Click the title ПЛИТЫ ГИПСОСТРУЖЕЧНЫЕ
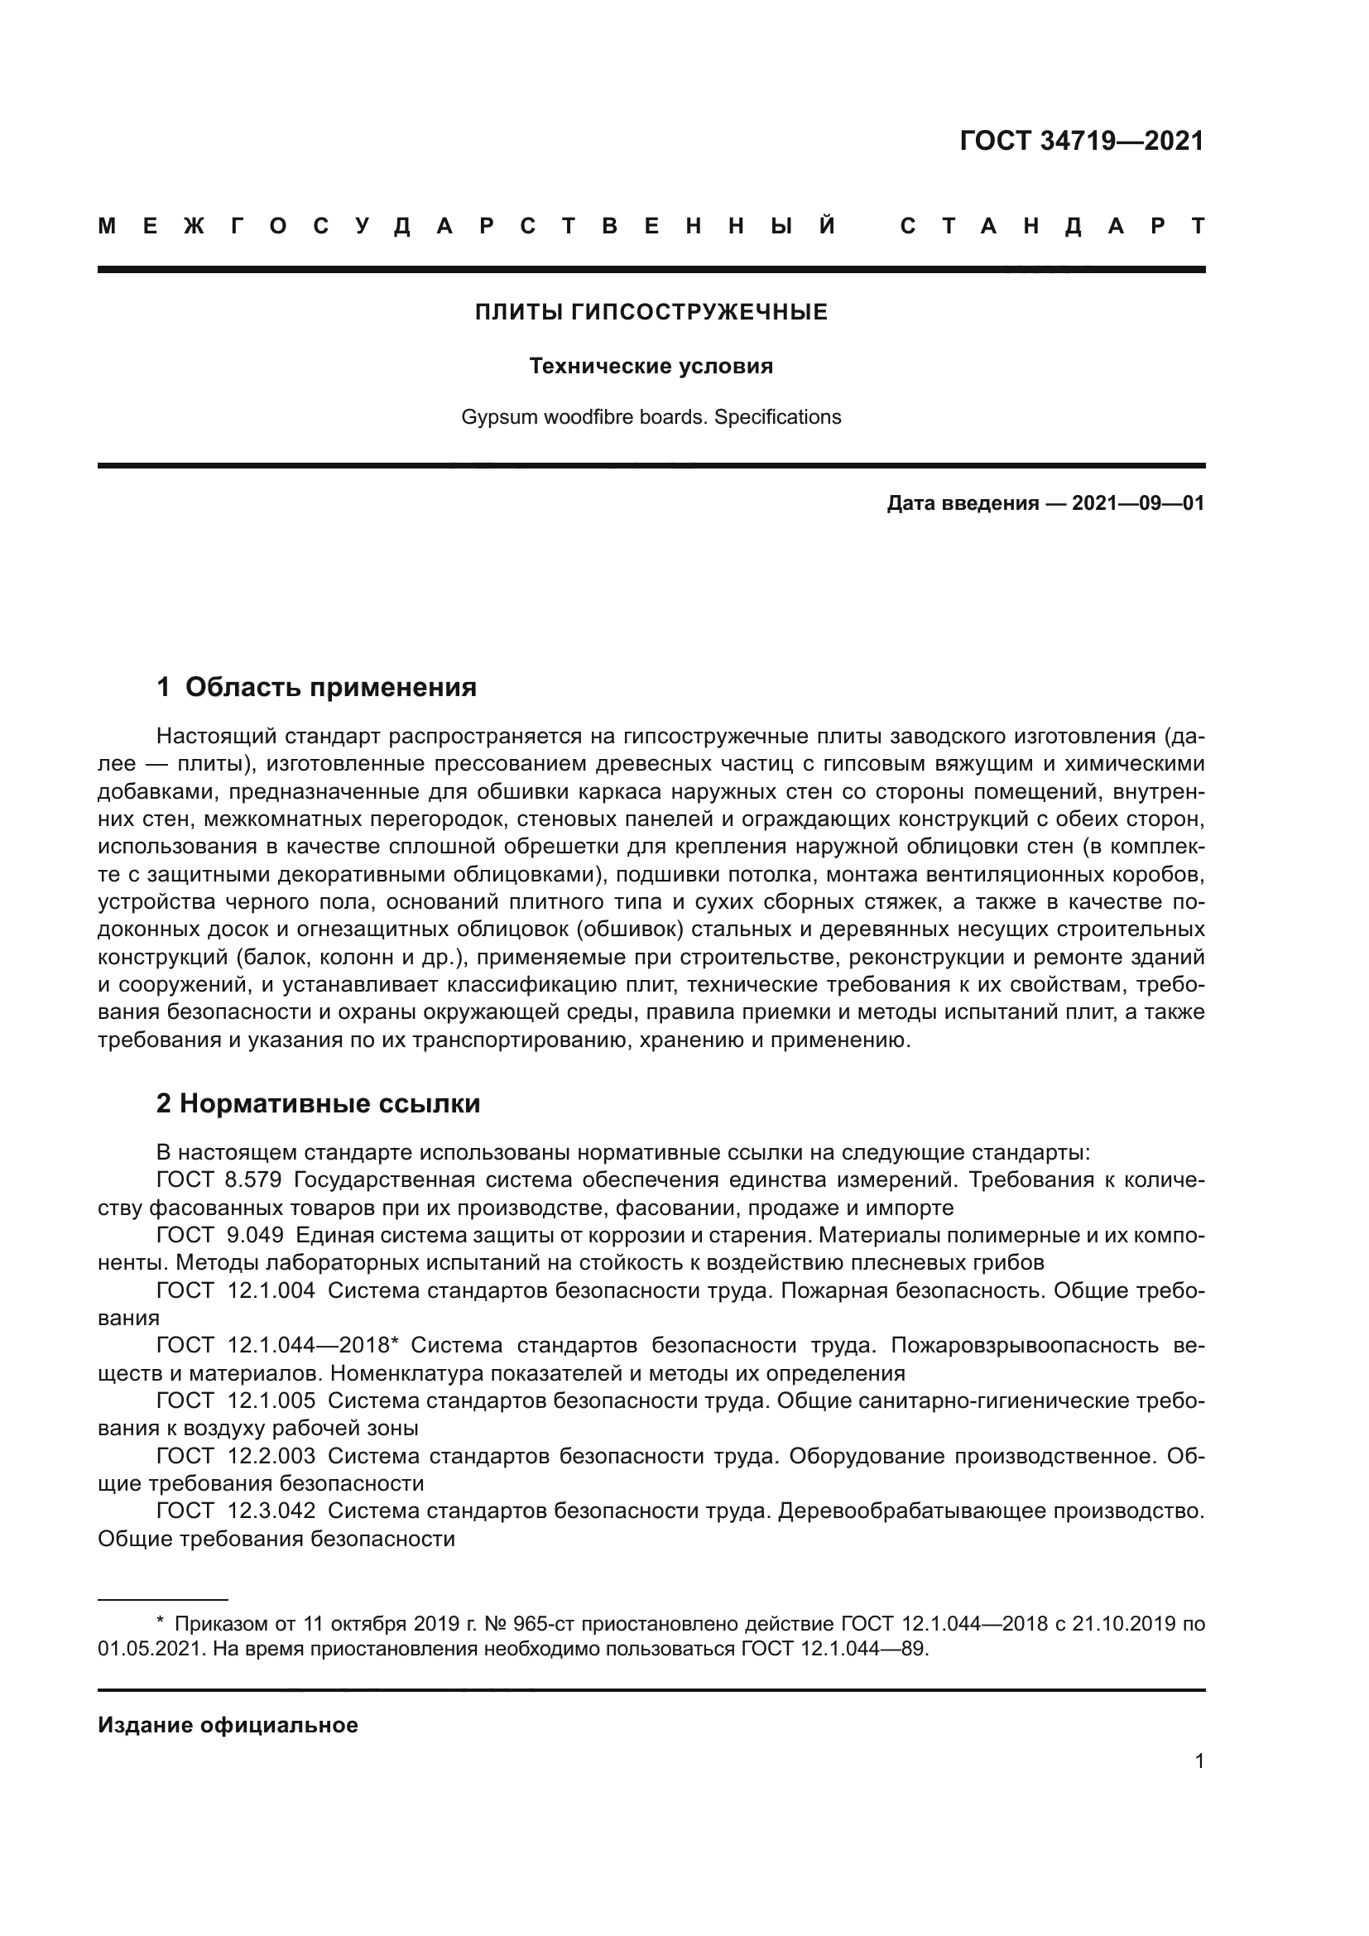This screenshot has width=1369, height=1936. pos(651,313)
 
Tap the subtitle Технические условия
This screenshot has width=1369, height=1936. pos(651,366)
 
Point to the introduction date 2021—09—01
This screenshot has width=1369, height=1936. pos(1137,503)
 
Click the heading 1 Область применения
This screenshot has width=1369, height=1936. pos(317,687)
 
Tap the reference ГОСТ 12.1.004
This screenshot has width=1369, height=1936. pos(235,1290)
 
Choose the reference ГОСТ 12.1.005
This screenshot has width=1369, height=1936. pos(235,1400)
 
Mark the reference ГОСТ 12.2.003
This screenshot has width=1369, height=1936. pos(235,1456)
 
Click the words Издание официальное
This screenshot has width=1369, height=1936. pos(228,1725)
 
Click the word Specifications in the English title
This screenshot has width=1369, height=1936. pos(777,417)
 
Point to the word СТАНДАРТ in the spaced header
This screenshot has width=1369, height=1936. pos(1052,226)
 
